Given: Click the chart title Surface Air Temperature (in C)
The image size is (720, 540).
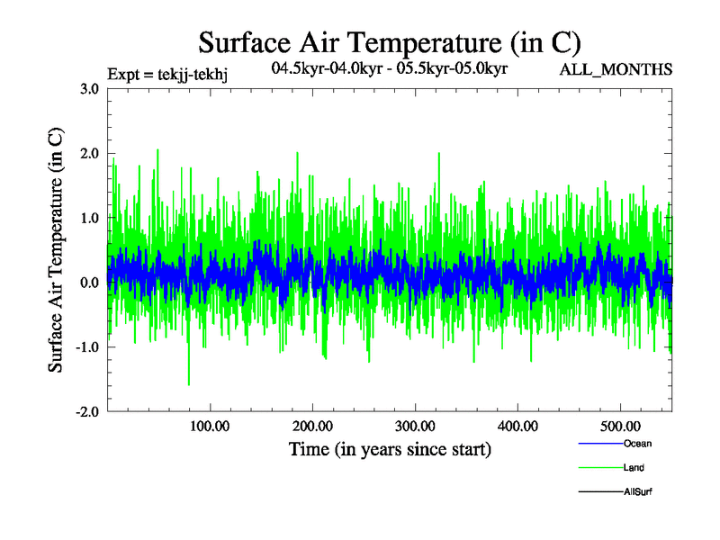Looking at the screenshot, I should click(x=390, y=42).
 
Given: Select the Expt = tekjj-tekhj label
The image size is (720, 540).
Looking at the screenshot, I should click(x=166, y=74).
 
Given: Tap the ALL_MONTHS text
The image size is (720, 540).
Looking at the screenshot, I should click(x=616, y=69).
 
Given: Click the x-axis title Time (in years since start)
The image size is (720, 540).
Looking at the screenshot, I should click(x=390, y=449).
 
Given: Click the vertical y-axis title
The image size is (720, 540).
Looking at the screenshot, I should click(x=56, y=250).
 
